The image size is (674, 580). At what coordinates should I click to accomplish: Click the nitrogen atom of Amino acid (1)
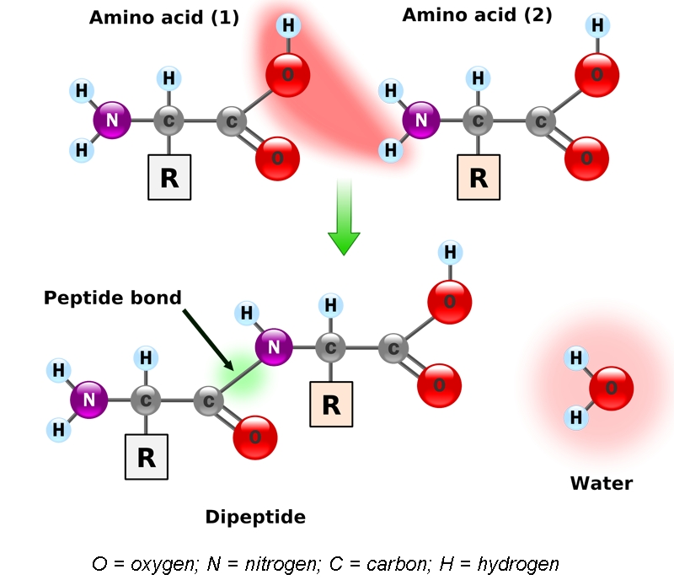(112, 120)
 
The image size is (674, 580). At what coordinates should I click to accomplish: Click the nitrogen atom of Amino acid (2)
(421, 121)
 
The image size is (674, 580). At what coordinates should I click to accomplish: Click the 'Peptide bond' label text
(113, 298)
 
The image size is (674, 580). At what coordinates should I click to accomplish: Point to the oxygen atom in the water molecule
(611, 389)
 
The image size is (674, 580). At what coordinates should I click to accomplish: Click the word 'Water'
(601, 483)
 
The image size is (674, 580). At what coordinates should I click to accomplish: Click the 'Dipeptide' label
(255, 517)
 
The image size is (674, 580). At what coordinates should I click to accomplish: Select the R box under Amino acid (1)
(169, 177)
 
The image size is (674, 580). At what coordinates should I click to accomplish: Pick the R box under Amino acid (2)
(479, 177)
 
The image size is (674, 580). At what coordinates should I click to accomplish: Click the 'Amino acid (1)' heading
(164, 17)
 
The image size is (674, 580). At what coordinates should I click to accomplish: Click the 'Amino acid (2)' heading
(477, 15)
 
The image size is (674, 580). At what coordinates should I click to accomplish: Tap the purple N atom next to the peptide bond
(274, 346)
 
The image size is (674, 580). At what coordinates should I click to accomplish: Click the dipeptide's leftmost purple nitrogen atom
(89, 399)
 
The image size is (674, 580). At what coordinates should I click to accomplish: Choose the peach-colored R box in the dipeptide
(331, 405)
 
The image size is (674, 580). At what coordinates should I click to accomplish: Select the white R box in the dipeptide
(147, 457)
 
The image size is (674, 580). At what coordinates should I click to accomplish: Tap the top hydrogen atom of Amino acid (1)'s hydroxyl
(288, 25)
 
